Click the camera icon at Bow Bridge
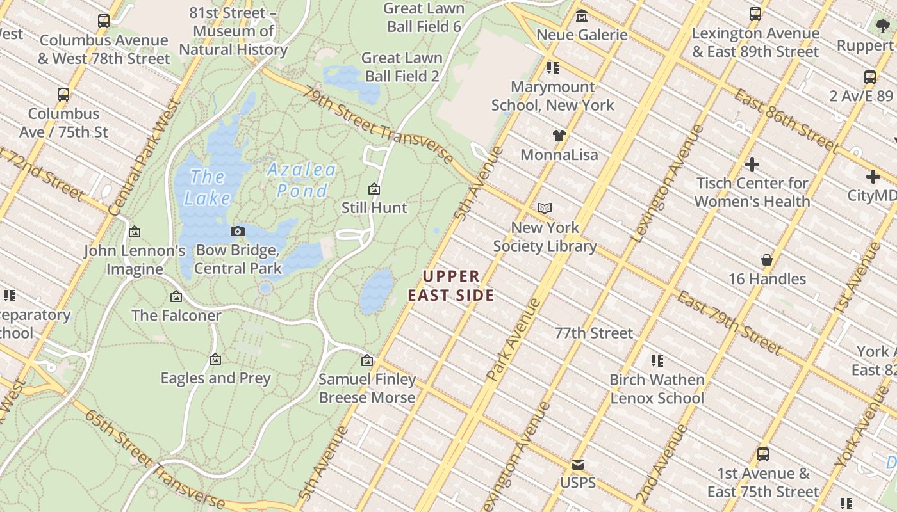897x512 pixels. pos(238,231)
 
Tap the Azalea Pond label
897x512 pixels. pos(302,180)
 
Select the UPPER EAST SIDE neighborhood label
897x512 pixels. pos(452,285)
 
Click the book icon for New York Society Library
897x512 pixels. pos(545,208)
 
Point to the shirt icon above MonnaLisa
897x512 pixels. pos(559,136)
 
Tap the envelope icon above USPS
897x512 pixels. pos(578,464)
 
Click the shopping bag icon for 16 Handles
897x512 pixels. pos(767,260)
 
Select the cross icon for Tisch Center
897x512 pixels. pos(752,164)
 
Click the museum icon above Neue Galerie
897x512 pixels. pos(582,15)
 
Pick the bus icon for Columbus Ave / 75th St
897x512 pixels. pos(63,95)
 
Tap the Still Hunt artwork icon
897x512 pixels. pos(374,189)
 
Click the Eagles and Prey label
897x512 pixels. pos(216,378)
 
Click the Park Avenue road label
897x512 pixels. pos(514,339)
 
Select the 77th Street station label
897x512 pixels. pos(593,333)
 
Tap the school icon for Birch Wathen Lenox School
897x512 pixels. pos(657,361)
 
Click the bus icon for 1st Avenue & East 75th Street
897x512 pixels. pos(763,454)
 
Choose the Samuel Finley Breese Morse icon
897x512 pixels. pos(367,361)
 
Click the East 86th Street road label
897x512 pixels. pos(786,120)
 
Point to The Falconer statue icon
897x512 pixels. pos(176,296)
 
